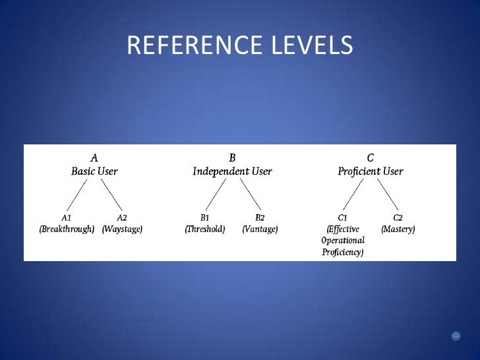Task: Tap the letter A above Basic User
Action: pyautogui.click(x=94, y=158)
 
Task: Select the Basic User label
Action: pyautogui.click(x=94, y=171)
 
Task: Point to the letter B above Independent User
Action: pyautogui.click(x=232, y=158)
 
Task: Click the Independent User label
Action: pyautogui.click(x=232, y=171)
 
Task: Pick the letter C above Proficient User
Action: pyautogui.click(x=370, y=158)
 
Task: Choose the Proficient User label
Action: pyautogui.click(x=370, y=171)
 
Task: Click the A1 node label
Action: pyautogui.click(x=67, y=218)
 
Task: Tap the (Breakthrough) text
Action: pyautogui.click(x=67, y=229)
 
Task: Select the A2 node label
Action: pyautogui.click(x=122, y=218)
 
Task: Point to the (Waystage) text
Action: pyautogui.click(x=122, y=229)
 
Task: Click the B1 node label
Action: pyautogui.click(x=204, y=218)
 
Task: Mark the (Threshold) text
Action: pyautogui.click(x=204, y=229)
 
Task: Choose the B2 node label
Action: pyautogui.click(x=260, y=218)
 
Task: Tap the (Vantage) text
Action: pyautogui.click(x=260, y=229)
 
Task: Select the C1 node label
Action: pyautogui.click(x=342, y=218)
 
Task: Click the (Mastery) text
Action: pyautogui.click(x=398, y=229)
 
